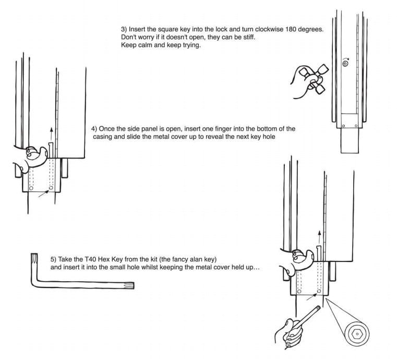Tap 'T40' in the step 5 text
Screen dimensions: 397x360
coord(90,259)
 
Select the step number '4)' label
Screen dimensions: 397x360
coord(94,129)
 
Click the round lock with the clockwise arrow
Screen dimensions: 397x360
coord(345,63)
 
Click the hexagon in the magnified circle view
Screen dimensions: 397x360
coord(357,334)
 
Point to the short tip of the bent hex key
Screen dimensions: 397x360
coord(34,255)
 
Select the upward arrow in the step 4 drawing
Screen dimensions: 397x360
coord(52,134)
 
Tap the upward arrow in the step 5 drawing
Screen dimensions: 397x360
coord(319,237)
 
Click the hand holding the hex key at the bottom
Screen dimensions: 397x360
coord(290,334)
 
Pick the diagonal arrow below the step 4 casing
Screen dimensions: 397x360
coord(43,194)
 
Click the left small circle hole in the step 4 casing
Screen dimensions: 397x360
coord(31,188)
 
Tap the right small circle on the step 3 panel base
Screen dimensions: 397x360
coord(356,126)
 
